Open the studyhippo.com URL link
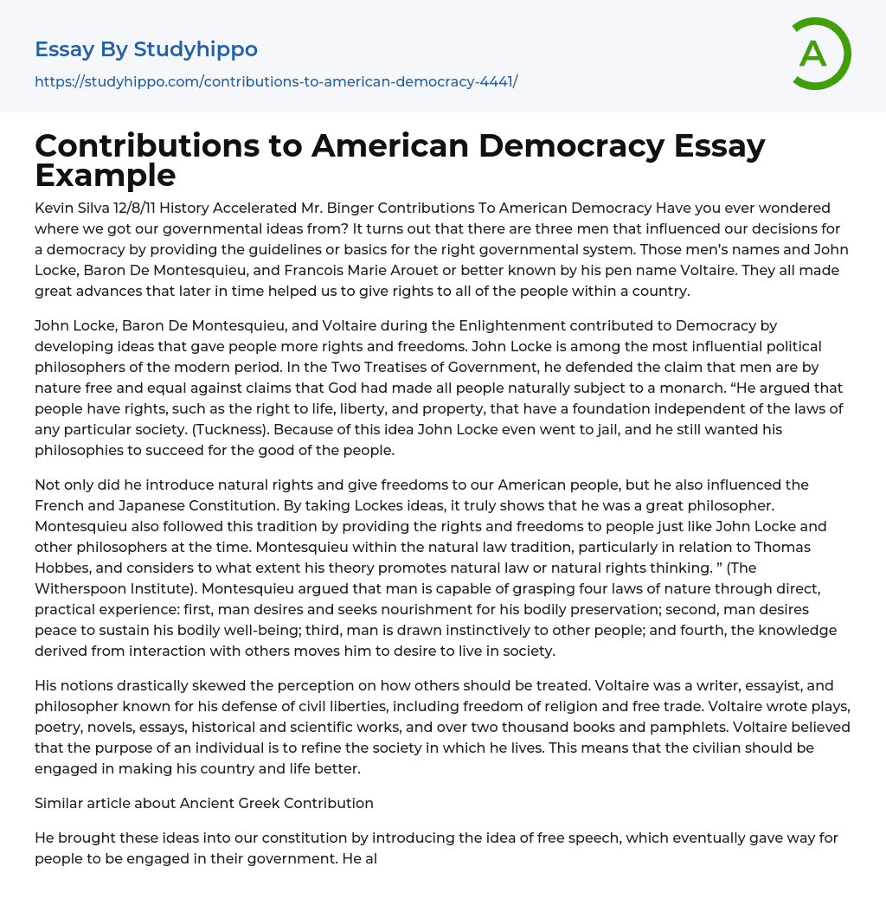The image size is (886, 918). click(x=276, y=81)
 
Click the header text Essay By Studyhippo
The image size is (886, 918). click(x=146, y=49)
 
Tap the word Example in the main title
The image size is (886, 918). click(x=106, y=175)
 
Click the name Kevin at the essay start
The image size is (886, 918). click(x=54, y=208)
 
